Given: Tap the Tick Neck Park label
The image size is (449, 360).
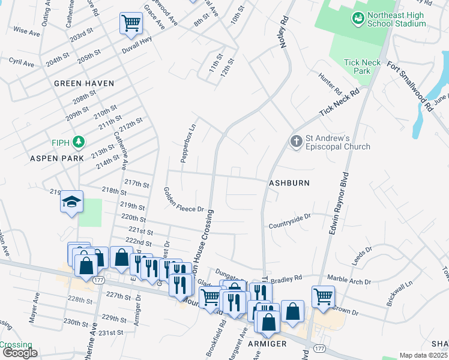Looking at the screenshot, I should click(359, 67).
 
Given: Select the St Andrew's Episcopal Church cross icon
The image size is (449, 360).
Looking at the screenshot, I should click(296, 142).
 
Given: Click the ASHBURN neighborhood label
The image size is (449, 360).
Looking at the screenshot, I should click(289, 182).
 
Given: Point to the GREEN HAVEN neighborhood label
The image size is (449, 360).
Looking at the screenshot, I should click(84, 83).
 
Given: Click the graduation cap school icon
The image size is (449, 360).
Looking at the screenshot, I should click(71, 202).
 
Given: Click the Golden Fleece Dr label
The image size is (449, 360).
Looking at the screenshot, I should click(184, 200).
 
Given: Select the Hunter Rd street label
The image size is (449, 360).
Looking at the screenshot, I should click(330, 85).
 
